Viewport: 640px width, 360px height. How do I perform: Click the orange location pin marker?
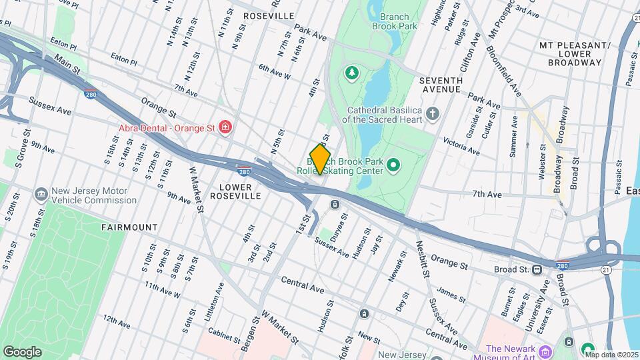tap(320, 159)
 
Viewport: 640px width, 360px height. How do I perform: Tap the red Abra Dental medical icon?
tap(225, 127)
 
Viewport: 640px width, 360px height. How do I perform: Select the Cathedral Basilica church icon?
tap(433, 113)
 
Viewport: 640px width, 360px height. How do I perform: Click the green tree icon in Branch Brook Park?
tap(351, 71)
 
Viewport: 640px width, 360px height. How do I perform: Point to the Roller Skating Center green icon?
tap(393, 164)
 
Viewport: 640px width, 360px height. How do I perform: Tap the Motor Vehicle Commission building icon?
tap(41, 194)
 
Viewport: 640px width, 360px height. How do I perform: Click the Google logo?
tap(22, 351)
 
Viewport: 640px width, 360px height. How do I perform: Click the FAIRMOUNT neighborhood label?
tap(129, 227)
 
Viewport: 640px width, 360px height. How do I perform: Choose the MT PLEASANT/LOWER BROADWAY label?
tap(575, 54)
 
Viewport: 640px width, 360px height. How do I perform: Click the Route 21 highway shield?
tap(604, 269)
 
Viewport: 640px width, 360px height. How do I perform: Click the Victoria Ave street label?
tap(461, 147)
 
